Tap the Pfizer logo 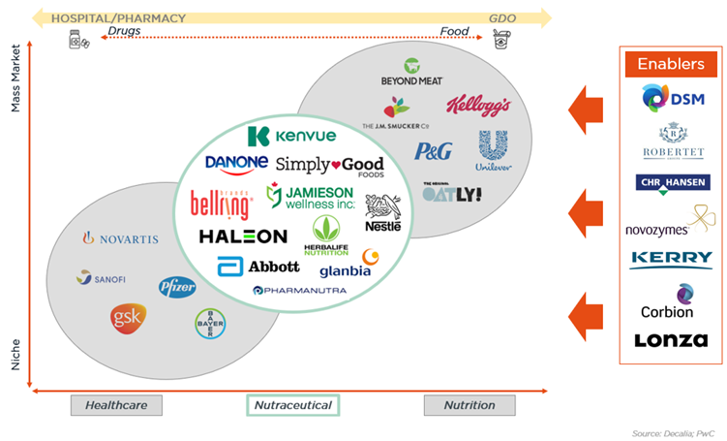pos(177,287)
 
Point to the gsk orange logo pos(128,318)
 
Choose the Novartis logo pos(120,237)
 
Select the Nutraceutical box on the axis pos(292,405)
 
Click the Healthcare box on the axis pos(116,405)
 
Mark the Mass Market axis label pos(15,79)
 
